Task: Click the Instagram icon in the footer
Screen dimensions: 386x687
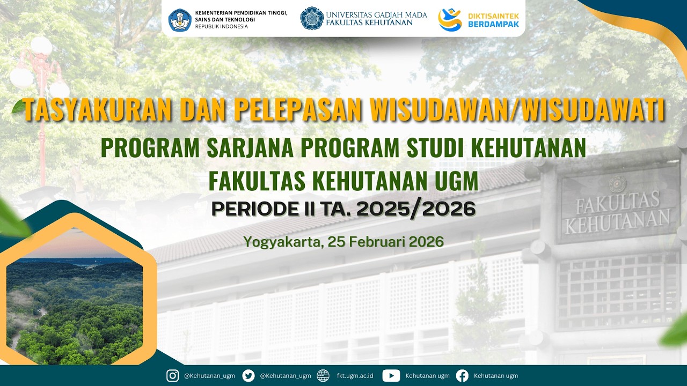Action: pos(172,376)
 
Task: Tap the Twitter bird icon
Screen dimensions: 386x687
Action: pos(248,376)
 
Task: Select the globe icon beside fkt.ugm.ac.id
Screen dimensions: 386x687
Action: pos(323,376)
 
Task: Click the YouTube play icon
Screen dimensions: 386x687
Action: pos(391,376)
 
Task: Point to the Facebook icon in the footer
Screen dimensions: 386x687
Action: pos(462,376)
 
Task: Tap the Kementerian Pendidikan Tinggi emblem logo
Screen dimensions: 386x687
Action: pos(179,19)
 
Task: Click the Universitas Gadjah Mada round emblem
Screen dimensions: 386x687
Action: pos(311,18)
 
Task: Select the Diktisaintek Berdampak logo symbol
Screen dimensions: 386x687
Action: pos(450,19)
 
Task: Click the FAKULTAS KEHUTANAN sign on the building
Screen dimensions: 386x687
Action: pos(617,211)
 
